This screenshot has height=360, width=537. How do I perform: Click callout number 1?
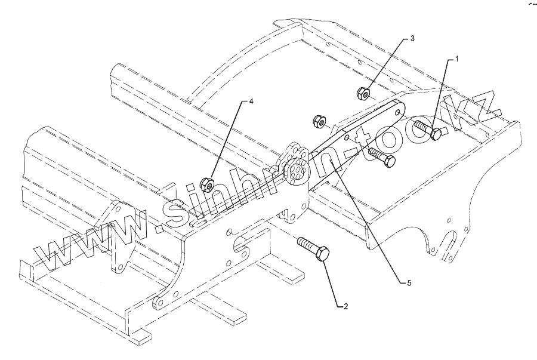point(457,59)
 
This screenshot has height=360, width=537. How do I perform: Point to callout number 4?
point(251,101)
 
